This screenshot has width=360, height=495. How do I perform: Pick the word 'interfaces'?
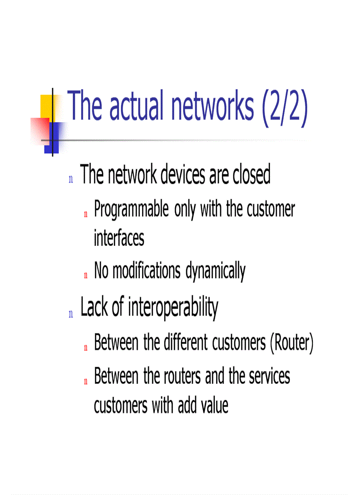click(119, 238)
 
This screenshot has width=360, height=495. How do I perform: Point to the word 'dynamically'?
click(215, 272)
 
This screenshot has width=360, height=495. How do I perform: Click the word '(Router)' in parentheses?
click(291, 343)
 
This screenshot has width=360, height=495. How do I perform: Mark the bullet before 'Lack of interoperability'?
click(70, 314)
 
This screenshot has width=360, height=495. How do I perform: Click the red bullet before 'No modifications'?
click(86, 276)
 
